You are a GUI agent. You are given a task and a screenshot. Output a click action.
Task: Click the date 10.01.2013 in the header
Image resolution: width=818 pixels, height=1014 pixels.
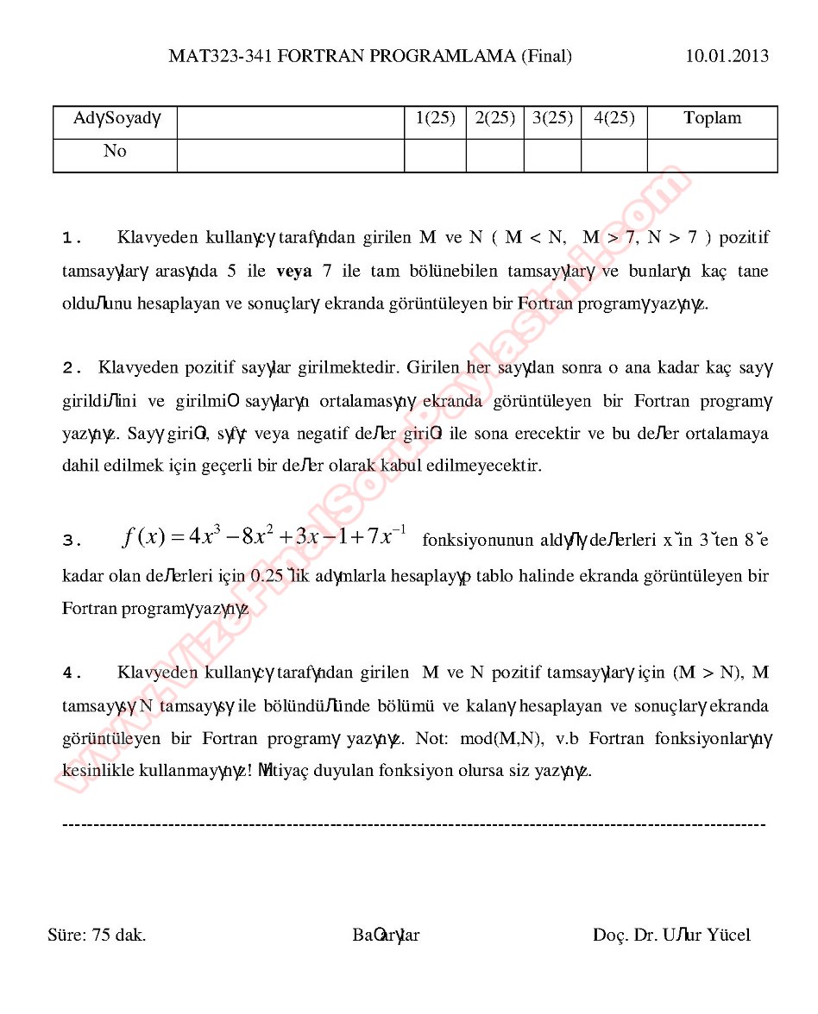[x=727, y=57]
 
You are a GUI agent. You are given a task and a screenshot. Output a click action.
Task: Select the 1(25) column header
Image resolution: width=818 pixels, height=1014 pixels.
[x=435, y=119]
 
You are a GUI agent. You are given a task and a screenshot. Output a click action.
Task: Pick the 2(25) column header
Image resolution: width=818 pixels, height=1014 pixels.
[x=494, y=119]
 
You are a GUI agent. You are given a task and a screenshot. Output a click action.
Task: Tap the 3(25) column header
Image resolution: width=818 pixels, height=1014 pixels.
[x=552, y=119]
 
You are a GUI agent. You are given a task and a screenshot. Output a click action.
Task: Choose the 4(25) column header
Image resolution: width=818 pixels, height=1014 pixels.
[x=613, y=119]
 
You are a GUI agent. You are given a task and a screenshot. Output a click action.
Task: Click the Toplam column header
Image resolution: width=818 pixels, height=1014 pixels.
[x=712, y=119]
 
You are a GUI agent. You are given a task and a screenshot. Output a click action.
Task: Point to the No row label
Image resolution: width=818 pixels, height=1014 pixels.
[x=115, y=152]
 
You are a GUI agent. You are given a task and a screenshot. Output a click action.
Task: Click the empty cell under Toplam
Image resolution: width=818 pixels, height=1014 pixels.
[x=712, y=155]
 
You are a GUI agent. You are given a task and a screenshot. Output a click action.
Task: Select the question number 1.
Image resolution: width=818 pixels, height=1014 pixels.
[x=72, y=238]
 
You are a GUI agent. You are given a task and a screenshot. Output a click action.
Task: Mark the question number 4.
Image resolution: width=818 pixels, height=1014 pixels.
[x=72, y=673]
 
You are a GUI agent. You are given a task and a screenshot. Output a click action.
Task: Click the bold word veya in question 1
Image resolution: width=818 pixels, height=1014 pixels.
[x=294, y=271]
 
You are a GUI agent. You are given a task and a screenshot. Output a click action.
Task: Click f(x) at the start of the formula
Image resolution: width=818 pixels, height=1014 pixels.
[x=144, y=537]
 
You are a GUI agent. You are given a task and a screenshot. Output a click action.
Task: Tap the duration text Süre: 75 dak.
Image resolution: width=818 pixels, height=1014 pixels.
[x=97, y=936]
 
